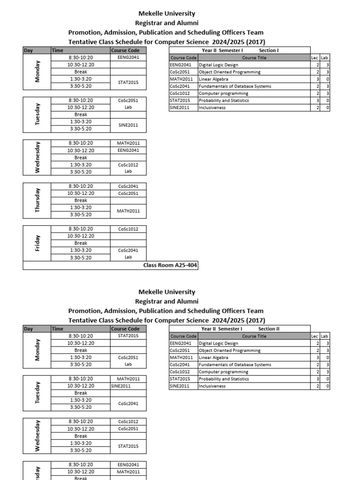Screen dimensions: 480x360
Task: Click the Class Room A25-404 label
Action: click(170, 265)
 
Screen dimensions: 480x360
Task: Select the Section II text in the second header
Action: click(269, 329)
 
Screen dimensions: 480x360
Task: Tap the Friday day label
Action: click(37, 243)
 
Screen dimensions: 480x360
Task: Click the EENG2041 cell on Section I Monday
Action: click(128, 57)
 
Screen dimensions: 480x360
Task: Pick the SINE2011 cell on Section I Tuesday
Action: click(128, 125)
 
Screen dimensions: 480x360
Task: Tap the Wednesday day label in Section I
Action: click(37, 157)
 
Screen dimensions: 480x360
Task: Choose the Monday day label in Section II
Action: click(37, 350)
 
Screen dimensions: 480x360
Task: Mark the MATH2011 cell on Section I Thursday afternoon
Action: click(128, 211)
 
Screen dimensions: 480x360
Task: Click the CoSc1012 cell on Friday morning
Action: click(128, 229)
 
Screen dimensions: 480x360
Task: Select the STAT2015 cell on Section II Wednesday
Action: click(128, 446)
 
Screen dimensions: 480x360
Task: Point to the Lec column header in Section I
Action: click(315, 58)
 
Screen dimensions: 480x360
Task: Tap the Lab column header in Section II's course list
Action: click(324, 336)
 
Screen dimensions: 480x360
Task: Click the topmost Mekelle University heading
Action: click(166, 14)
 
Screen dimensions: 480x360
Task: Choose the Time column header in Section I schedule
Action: click(57, 50)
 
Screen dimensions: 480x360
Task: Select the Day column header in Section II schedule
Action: click(29, 329)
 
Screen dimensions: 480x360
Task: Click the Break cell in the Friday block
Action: click(81, 243)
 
